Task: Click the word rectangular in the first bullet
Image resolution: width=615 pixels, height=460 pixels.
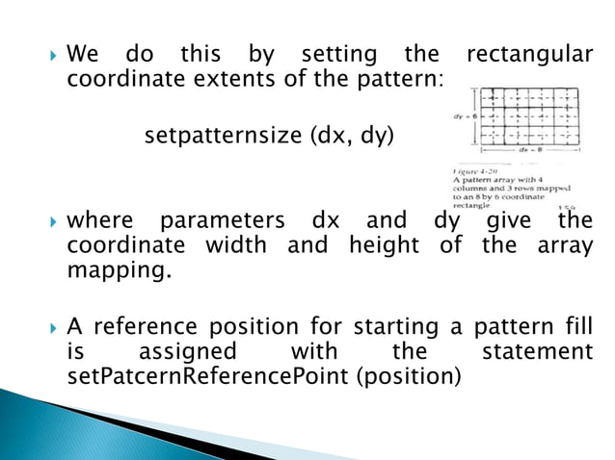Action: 527,55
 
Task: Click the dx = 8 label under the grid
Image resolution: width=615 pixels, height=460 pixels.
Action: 528,150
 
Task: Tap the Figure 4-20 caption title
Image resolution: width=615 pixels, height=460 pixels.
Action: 474,168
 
